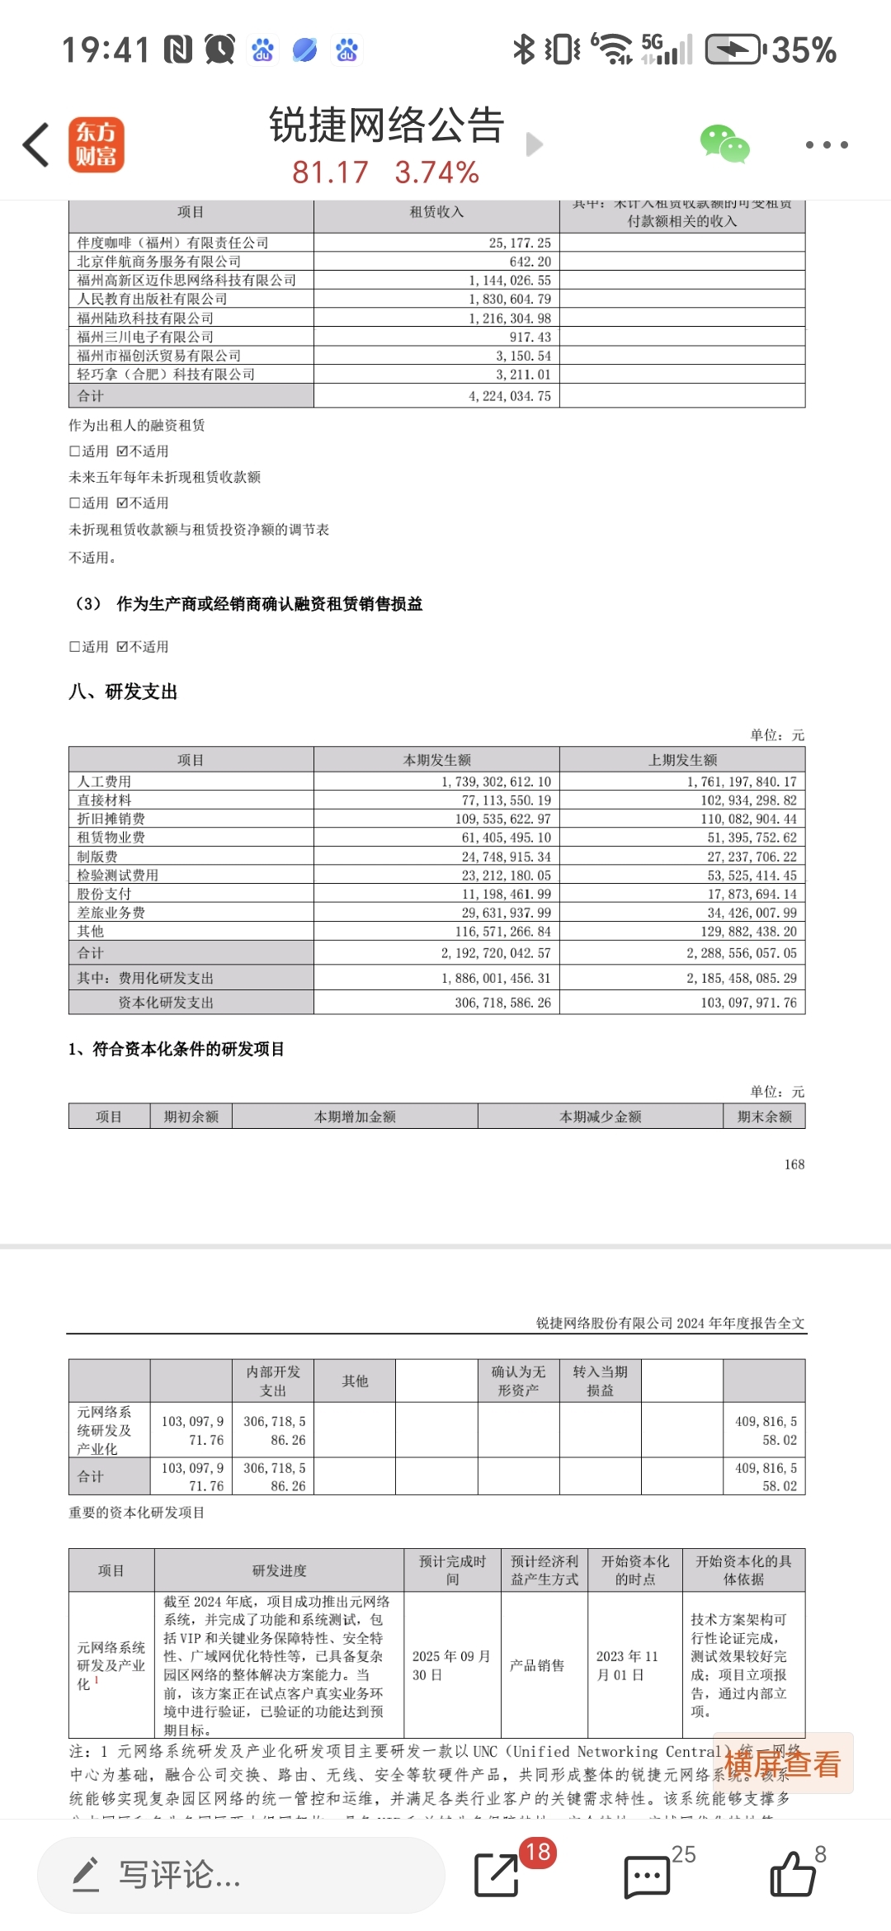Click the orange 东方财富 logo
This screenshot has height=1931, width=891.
coord(97,144)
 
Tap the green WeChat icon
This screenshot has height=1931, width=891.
coord(724,144)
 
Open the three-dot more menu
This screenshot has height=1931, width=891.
coord(826,145)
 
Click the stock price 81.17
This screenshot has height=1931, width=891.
coord(330,172)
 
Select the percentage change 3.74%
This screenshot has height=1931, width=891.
coord(436,172)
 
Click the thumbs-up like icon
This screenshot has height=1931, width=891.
coord(792,1875)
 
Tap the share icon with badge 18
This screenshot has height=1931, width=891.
coord(497,1875)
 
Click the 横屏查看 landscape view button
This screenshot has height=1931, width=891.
coord(782,1764)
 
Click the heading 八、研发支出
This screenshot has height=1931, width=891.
coord(123,692)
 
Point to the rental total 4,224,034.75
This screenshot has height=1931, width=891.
coord(510,396)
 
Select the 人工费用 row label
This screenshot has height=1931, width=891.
coord(104,781)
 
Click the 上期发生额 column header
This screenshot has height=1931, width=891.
coord(682,760)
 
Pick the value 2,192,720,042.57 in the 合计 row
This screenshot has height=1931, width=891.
coord(496,953)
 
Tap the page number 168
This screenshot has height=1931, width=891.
coord(794,1164)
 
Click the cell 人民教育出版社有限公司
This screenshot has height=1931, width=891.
coord(152,299)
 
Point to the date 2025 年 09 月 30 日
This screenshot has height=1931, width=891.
coord(451,1665)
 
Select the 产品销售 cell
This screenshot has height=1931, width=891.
coord(537,1665)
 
